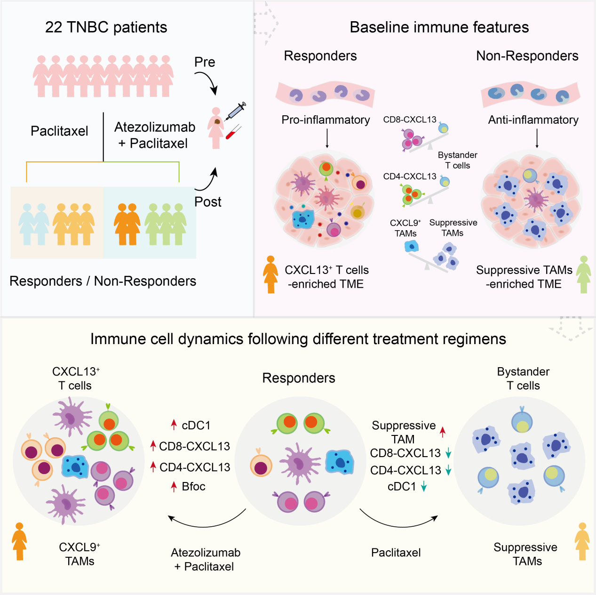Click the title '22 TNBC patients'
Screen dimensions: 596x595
106,27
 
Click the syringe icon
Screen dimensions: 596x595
235,111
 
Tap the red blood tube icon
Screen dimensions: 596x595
233,132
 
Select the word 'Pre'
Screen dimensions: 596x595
205,62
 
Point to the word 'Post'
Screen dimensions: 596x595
207,202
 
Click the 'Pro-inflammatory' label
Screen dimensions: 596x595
326,120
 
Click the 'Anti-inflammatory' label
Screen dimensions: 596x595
533,120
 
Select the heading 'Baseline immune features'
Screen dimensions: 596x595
439,27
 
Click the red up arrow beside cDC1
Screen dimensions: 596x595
174,425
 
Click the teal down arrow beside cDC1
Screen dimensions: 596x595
424,487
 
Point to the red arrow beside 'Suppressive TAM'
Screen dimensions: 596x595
443,432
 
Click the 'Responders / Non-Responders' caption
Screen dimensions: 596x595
103,281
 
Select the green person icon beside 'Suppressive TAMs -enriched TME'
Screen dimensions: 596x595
584,274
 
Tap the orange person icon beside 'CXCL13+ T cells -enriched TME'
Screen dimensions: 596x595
270,274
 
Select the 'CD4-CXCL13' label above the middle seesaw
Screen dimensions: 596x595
410,176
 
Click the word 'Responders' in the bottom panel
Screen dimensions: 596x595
298,378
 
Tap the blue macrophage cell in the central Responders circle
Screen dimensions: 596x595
340,462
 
